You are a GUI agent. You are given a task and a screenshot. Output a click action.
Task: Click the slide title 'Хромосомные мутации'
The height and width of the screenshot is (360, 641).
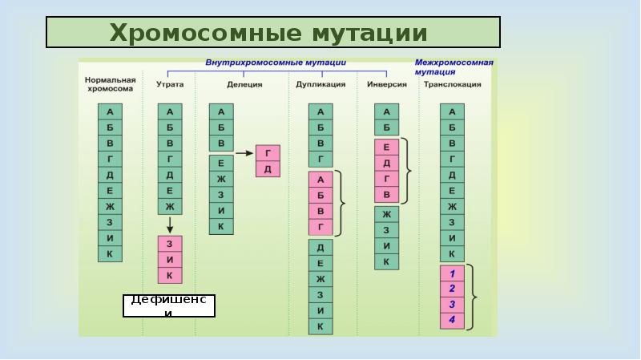pyautogui.click(x=273, y=33)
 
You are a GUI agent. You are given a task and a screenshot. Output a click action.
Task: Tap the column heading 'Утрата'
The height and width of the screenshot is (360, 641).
pyautogui.click(x=170, y=83)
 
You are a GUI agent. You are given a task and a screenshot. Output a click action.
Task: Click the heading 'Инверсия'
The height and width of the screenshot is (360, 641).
pyautogui.click(x=387, y=83)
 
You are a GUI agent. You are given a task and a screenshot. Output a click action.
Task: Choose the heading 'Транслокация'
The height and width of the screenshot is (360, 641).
pyautogui.click(x=451, y=83)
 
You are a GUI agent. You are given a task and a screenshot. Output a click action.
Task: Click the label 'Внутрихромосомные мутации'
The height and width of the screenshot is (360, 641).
pyautogui.click(x=275, y=63)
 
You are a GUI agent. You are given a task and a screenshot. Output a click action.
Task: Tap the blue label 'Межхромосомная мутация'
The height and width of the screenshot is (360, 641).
pyautogui.click(x=454, y=66)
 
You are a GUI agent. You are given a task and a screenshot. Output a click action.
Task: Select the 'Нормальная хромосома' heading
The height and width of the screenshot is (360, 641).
pyautogui.click(x=110, y=84)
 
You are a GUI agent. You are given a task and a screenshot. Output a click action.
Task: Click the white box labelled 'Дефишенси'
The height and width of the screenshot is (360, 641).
pyautogui.click(x=169, y=305)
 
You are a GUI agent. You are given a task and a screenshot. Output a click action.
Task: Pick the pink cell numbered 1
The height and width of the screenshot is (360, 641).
pyautogui.click(x=452, y=273)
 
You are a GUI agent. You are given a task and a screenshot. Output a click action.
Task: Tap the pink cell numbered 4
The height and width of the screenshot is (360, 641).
pyautogui.click(x=452, y=320)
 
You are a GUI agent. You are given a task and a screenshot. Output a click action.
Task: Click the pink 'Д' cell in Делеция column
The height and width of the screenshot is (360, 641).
pyautogui.click(x=267, y=168)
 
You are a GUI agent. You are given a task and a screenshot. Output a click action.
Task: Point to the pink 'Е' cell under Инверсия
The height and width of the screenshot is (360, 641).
pyautogui.click(x=386, y=147)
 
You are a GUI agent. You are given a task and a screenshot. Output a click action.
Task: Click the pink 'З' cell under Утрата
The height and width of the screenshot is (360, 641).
pyautogui.click(x=170, y=244)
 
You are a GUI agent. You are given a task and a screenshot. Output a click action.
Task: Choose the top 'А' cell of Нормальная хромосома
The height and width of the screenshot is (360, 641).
pyautogui.click(x=110, y=111)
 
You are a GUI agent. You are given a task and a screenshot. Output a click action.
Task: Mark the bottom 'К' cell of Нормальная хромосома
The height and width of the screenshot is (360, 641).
pyautogui.click(x=110, y=254)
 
